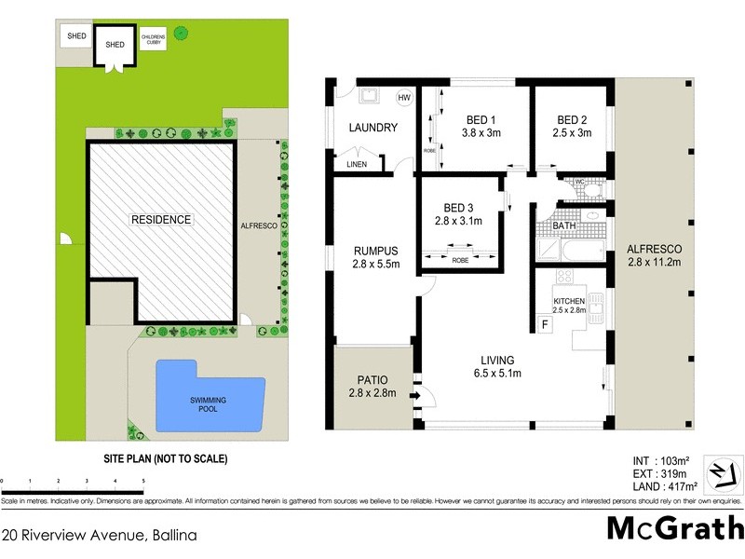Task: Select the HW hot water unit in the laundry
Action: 403,98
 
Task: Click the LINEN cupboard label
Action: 357,165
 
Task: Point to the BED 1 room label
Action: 481,119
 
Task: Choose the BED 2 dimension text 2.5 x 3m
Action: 572,133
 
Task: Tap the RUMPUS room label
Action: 376,250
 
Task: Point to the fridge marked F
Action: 545,325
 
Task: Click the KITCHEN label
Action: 568,300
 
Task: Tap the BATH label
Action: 564,226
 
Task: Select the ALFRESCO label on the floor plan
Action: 655,249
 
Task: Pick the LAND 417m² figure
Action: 663,486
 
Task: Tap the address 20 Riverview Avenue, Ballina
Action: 99,536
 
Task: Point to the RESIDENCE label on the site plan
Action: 160,220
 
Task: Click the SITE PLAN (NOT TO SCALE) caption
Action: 165,459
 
